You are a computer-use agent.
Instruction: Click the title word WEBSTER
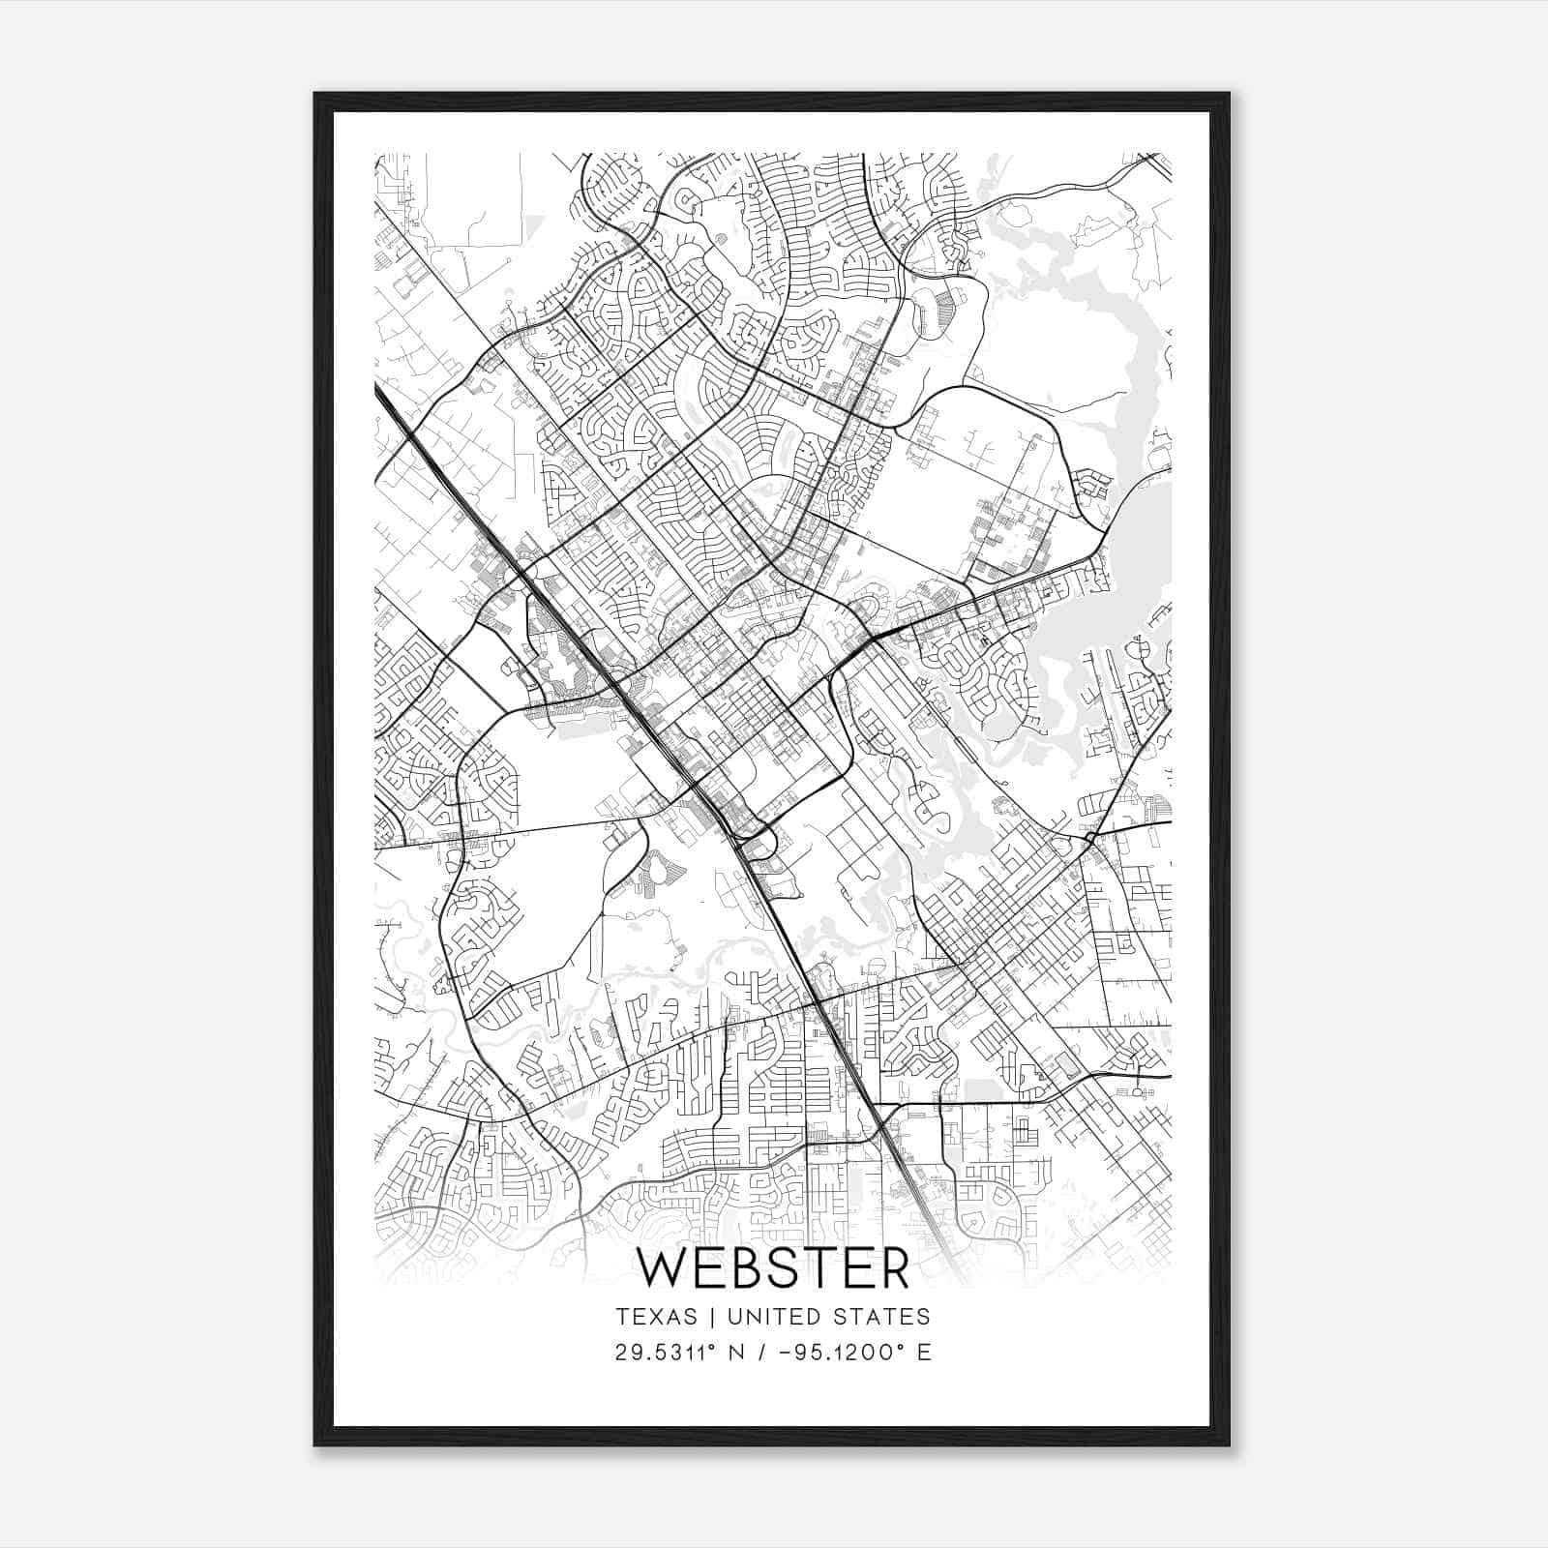pyautogui.click(x=773, y=1269)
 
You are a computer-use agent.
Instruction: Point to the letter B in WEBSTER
pyautogui.click(x=751, y=1269)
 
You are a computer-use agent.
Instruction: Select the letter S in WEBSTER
pyautogui.click(x=792, y=1269)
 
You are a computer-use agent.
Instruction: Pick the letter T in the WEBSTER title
pyautogui.click(x=828, y=1269)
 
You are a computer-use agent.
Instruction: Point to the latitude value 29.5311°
pyautogui.click(x=669, y=1353)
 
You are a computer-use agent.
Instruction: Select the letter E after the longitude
pyautogui.click(x=924, y=1353)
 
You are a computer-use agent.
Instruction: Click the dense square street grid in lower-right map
pyautogui.click(x=997, y=919)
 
